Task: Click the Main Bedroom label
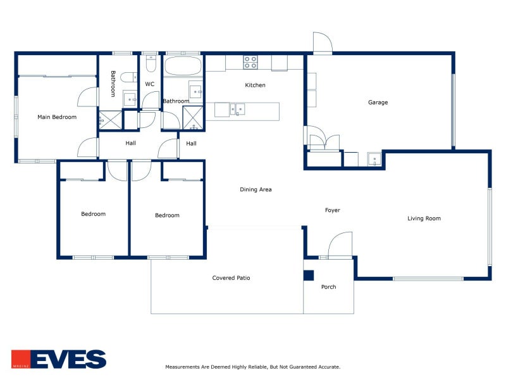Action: [x=57, y=117]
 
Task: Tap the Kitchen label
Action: [x=255, y=85]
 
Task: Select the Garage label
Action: [x=378, y=103]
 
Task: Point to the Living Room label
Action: [x=424, y=218]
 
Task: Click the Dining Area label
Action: [x=256, y=189]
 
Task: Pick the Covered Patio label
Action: [x=231, y=278]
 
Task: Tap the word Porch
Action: [x=328, y=287]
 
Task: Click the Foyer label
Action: [x=333, y=210]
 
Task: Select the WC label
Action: [x=149, y=84]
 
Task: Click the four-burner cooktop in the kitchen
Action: [x=250, y=62]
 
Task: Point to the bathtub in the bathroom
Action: [x=183, y=66]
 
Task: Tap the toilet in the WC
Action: [x=151, y=63]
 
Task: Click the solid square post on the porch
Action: [x=309, y=275]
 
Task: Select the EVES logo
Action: [x=59, y=359]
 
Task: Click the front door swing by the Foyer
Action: [x=340, y=245]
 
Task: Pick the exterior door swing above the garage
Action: [x=323, y=42]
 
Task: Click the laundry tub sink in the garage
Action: [x=374, y=160]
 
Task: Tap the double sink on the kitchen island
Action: [x=237, y=109]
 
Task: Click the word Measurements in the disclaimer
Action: [x=182, y=367]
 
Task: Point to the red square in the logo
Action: [x=21, y=359]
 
